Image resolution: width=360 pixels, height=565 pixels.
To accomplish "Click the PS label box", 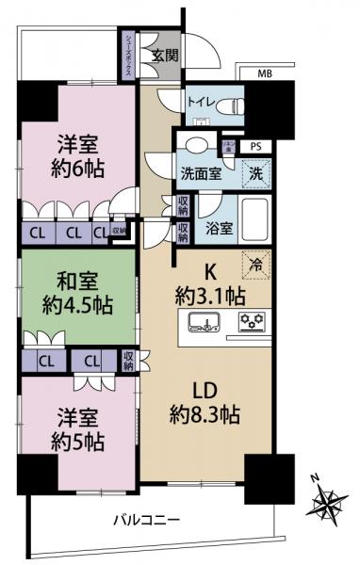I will click(256, 146).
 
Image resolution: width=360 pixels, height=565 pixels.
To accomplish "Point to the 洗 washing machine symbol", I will click(256, 173).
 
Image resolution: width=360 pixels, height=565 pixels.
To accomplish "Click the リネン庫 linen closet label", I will click(229, 146).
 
